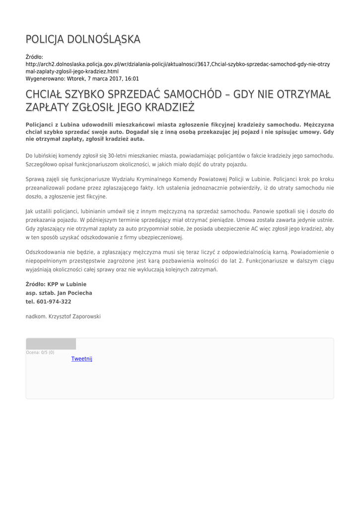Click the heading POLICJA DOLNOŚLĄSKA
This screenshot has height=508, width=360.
coord(83,39)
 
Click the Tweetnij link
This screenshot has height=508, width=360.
coord(82,359)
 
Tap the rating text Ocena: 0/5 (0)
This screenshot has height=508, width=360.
coord(40,352)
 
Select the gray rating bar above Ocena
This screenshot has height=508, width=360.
coord(51,344)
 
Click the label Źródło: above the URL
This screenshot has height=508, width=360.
coord(34,57)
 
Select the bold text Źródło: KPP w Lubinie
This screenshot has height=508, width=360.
coord(56,284)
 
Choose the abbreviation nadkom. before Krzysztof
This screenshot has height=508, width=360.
coord(36,316)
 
